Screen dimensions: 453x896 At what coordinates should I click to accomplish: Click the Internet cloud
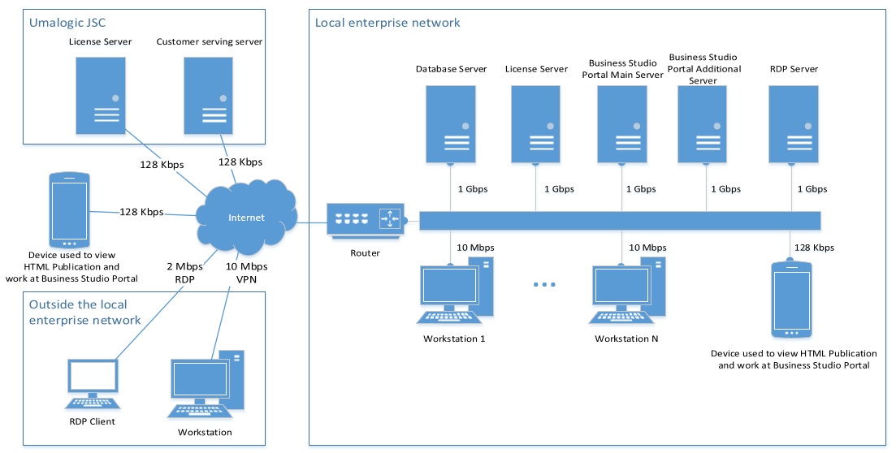245,217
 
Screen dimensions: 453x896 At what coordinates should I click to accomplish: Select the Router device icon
365,219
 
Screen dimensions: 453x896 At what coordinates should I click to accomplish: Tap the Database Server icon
451,123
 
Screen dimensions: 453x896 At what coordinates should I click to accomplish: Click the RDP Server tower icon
792,123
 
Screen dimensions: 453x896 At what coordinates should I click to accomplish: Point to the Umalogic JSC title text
67,23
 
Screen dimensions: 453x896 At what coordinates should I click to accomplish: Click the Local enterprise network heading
387,23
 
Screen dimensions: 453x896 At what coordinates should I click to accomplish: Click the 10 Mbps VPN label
246,273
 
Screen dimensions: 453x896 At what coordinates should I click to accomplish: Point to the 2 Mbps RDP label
184,273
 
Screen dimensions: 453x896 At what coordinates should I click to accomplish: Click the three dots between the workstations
544,285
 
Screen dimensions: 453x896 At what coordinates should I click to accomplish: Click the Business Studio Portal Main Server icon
621,123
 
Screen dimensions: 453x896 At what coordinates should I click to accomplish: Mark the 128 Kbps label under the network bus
813,248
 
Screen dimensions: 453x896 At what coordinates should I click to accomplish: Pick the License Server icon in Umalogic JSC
101,95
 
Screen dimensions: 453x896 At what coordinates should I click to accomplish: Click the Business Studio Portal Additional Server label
703,69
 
